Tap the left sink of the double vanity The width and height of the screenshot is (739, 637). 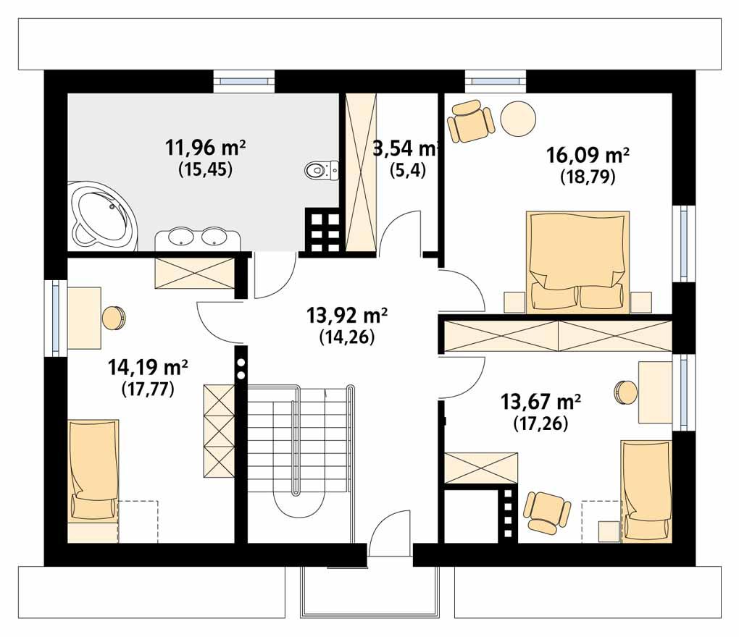point(179,236)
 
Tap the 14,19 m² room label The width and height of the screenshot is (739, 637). point(148,368)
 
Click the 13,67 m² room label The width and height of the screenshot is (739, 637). point(542,400)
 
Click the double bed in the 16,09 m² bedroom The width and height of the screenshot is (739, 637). point(577,261)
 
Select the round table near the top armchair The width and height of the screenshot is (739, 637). point(519,118)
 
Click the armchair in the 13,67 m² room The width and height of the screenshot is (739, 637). point(545,512)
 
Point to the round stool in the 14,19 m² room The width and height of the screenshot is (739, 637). point(114,318)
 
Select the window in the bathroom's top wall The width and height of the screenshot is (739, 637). point(244,80)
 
